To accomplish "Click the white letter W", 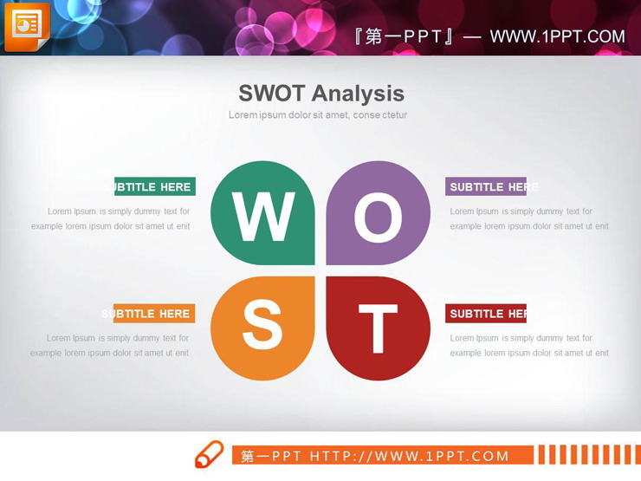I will (x=263, y=217).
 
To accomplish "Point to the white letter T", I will (x=378, y=329).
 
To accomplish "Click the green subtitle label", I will (x=155, y=186).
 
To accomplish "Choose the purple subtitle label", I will (x=486, y=186).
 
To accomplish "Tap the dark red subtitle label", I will (x=486, y=314).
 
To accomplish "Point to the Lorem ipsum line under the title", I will (x=318, y=114).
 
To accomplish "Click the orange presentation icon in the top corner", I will (x=26, y=26).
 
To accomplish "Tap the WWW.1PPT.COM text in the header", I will (x=557, y=36).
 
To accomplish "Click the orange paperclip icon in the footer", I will (x=209, y=455).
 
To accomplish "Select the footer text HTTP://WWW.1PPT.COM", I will (x=410, y=456).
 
